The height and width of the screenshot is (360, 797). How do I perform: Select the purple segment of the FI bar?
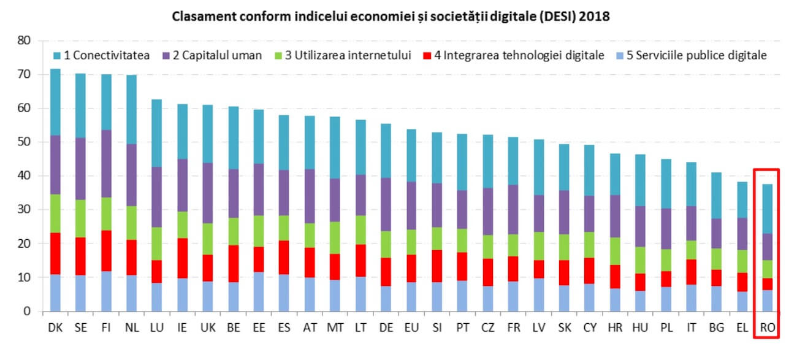click(x=106, y=163)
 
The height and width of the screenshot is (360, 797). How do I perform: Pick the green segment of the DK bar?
click(x=55, y=213)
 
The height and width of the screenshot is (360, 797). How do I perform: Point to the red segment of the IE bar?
click(x=183, y=258)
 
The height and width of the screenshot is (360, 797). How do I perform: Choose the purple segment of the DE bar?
click(x=386, y=204)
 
